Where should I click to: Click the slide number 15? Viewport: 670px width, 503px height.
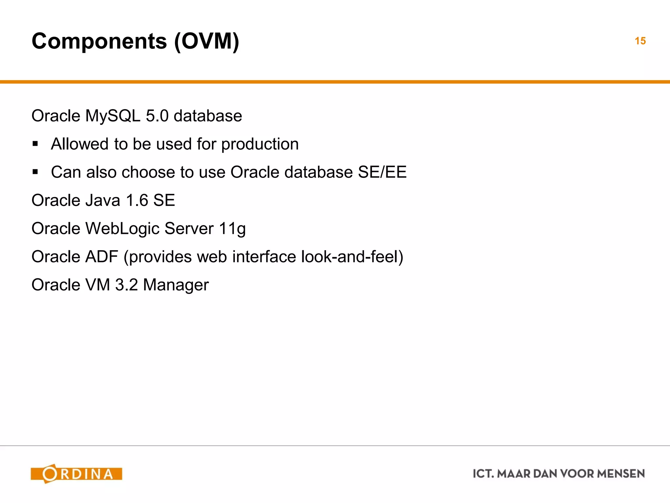click(x=640, y=41)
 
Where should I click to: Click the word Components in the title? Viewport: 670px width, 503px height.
click(x=99, y=41)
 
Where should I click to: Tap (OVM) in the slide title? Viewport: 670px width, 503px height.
click(x=206, y=41)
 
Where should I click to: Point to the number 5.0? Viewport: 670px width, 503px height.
click(x=157, y=116)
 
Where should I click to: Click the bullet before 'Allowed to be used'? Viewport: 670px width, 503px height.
click(x=35, y=144)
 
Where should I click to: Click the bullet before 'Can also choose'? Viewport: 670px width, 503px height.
click(x=35, y=172)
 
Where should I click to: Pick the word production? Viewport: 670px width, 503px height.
click(x=260, y=144)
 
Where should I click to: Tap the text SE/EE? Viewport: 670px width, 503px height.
click(x=382, y=172)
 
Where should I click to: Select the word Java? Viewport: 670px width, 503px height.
click(x=103, y=200)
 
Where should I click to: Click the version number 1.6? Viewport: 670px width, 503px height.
click(x=137, y=200)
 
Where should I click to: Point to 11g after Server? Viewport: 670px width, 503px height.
click(x=232, y=229)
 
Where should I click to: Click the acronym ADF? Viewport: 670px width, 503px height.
click(x=101, y=257)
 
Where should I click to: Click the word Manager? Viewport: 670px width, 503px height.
click(x=176, y=285)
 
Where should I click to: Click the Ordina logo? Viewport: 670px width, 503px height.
click(x=76, y=474)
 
